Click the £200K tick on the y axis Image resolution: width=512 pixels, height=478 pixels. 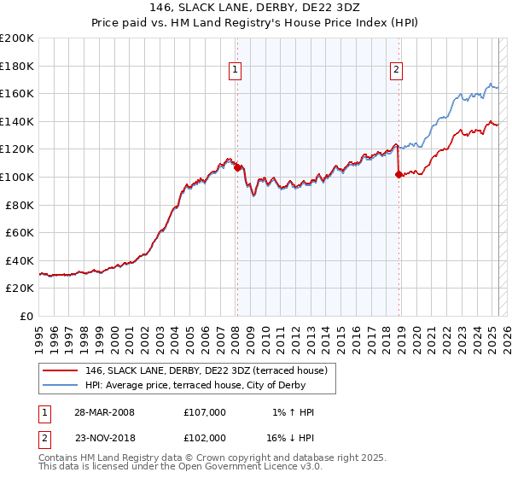pos(17,38)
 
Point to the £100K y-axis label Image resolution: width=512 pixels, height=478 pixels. pos(17,177)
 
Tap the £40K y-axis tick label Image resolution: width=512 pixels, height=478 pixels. pos(20,260)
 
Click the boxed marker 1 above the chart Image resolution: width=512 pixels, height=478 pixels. pos(235,71)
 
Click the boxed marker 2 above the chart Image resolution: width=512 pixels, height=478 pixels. pos(398,71)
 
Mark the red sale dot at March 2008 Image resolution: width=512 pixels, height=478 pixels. pos(237,167)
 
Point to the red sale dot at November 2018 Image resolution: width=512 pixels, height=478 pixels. pos(399,174)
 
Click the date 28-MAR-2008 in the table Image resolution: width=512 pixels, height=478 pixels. pos(105,412)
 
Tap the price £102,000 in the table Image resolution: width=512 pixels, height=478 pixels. pos(205,438)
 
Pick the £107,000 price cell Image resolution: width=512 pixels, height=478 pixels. pos(205,412)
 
